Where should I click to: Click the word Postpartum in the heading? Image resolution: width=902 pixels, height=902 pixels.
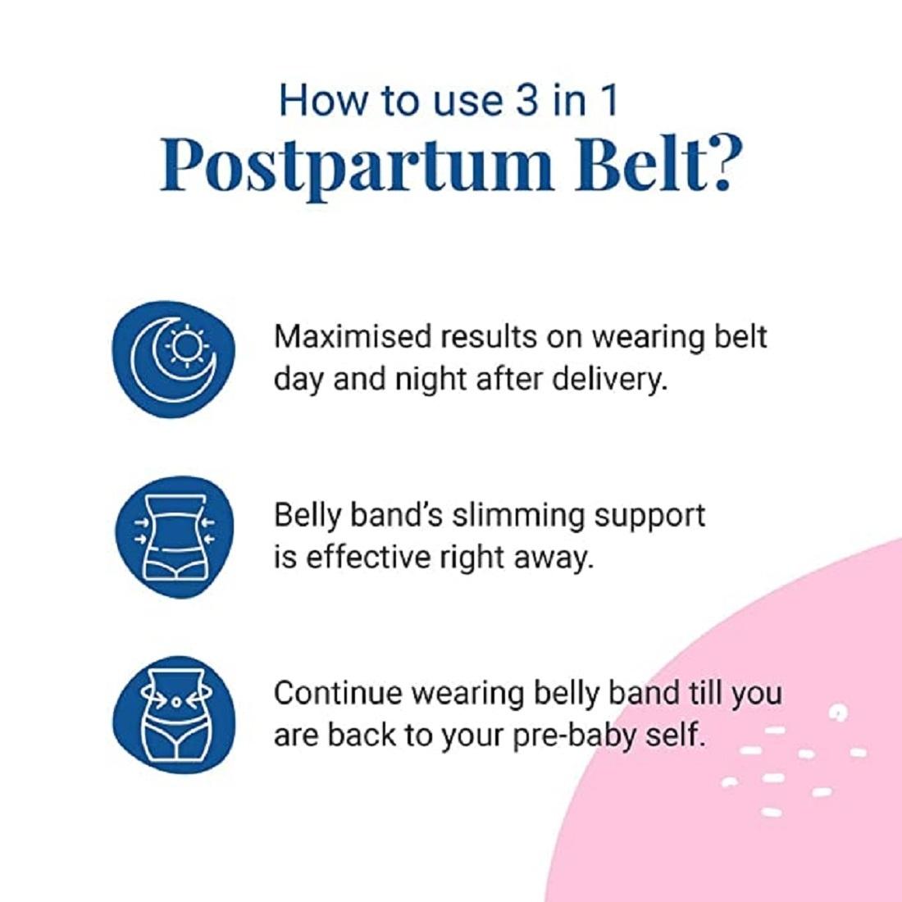(x=356, y=166)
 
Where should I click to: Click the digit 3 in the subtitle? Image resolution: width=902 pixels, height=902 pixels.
(x=526, y=100)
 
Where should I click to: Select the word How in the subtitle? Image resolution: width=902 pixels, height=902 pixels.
(x=323, y=100)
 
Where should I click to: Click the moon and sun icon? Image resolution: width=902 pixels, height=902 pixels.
(x=174, y=359)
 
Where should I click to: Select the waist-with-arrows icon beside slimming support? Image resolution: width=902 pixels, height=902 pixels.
(x=175, y=537)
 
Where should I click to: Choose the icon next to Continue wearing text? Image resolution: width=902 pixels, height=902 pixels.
(x=175, y=714)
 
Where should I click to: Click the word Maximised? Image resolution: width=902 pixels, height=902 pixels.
(x=353, y=336)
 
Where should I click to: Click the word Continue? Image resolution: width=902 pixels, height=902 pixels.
(x=338, y=693)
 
